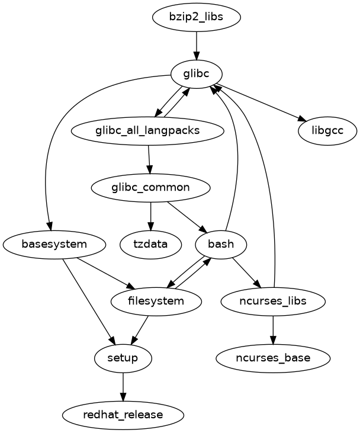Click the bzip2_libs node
197,17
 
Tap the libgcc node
327,130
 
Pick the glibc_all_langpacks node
147,130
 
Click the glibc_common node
150,188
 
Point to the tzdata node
150,244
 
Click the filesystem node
156,301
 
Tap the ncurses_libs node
272,301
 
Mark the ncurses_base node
272,358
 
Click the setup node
123,358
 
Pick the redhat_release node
123,415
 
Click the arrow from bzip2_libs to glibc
197,45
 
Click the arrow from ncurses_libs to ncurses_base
272,329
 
